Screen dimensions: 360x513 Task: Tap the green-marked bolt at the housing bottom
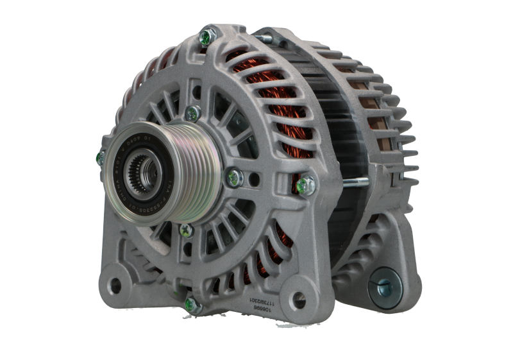point(190,303)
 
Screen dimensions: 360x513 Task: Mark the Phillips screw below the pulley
point(186,230)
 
